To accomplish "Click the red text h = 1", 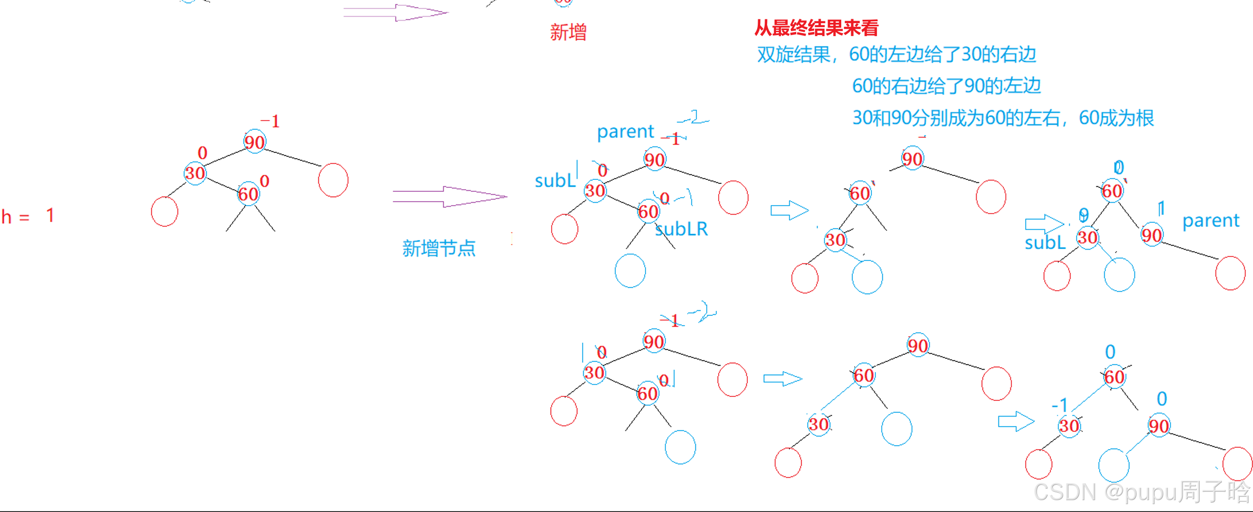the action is [27, 216].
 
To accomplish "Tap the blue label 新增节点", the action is [438, 248].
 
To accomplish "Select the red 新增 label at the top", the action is [568, 33].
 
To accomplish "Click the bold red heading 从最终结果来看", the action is [816, 28].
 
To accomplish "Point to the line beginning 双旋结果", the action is [896, 54].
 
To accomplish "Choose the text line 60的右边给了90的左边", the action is [946, 86].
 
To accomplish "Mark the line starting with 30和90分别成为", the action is [1003, 118].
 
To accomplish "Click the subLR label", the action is [681, 229].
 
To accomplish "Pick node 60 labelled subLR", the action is [648, 212].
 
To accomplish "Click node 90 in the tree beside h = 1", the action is [255, 142].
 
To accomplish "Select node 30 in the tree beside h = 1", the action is [195, 173].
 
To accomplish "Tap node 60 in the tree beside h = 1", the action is [248, 194].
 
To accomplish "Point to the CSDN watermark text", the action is [1142, 492].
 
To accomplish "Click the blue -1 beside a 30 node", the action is [1060, 405].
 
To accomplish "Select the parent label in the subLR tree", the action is [625, 131].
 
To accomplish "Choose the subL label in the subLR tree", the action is [555, 181].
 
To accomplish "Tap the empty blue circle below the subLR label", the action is [630, 271].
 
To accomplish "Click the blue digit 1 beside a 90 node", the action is [1162, 208].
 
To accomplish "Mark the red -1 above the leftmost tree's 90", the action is [270, 121].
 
